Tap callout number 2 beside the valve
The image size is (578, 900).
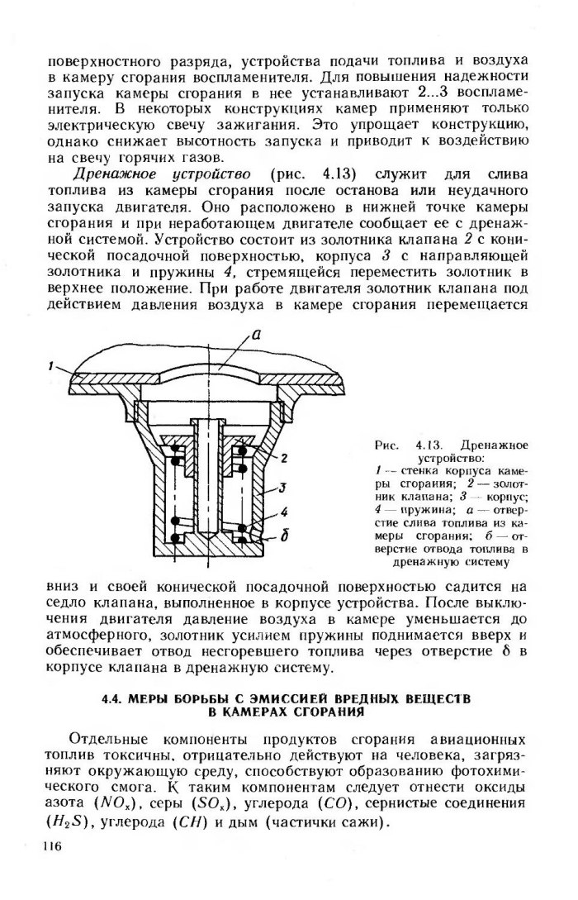282,456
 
